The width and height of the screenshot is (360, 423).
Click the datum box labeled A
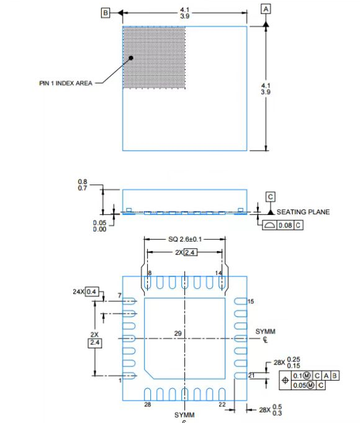(266, 9)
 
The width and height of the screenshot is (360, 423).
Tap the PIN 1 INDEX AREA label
(66, 83)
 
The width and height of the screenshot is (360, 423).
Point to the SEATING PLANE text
(303, 212)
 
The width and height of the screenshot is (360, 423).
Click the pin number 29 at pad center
(178, 334)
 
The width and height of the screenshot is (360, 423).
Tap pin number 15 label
(251, 301)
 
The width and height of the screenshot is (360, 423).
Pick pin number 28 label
(147, 405)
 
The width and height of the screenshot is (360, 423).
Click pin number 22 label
(222, 405)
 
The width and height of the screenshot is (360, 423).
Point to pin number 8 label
(150, 273)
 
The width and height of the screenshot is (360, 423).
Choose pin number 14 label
(218, 273)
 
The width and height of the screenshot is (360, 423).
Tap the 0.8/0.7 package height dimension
(83, 184)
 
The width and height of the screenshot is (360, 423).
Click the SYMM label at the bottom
(184, 414)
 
